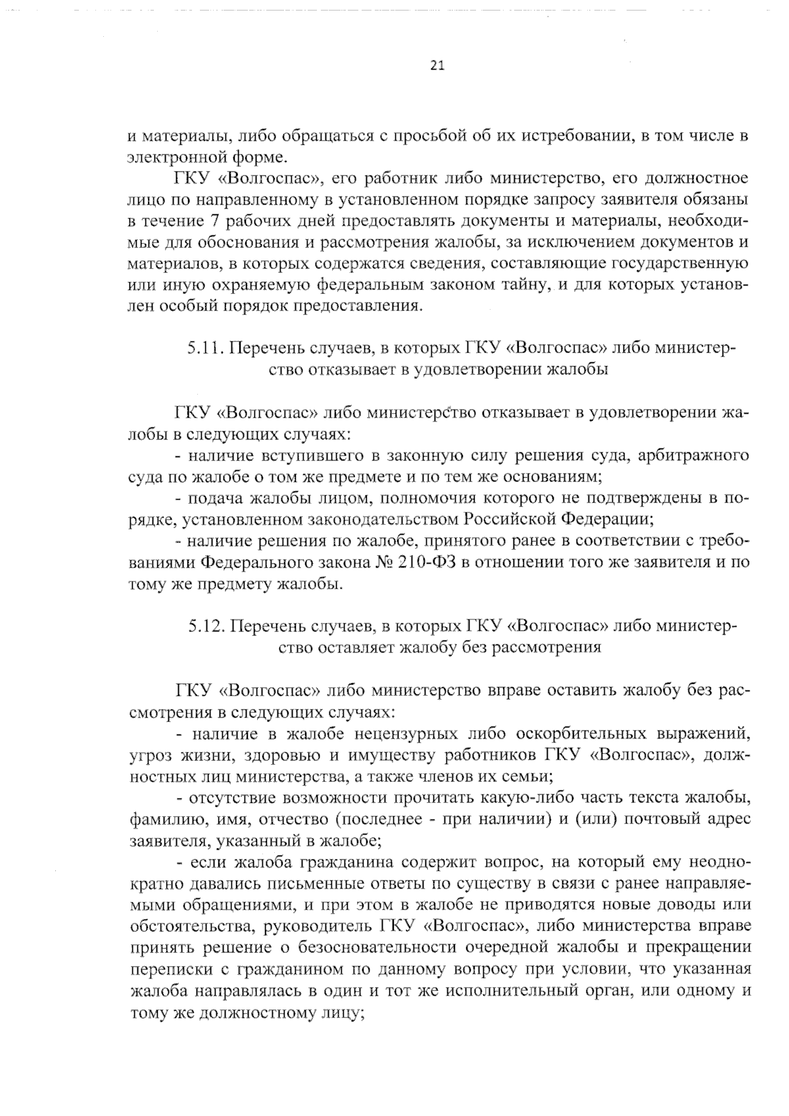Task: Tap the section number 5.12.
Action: (x=205, y=625)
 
